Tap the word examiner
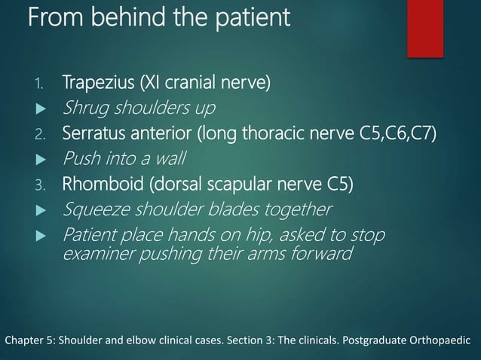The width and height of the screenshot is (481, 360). click(x=93, y=254)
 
